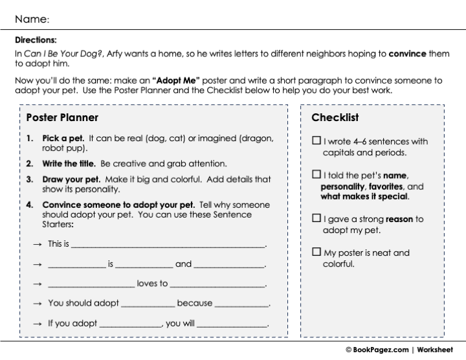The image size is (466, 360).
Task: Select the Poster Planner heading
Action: point(62,118)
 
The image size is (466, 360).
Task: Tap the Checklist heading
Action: point(335,118)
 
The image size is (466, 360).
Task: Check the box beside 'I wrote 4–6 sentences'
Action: point(316,141)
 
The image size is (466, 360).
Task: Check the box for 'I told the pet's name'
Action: point(316,175)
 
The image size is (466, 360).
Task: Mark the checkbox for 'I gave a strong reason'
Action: point(316,219)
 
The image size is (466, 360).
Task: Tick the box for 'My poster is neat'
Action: point(316,253)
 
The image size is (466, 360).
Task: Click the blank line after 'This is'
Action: point(168,246)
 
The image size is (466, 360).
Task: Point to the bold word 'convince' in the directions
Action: point(407,54)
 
